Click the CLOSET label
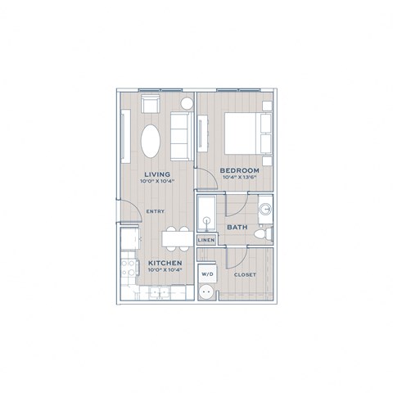point(246,275)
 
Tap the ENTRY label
point(156,211)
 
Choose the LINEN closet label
point(206,241)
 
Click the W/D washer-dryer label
point(207,274)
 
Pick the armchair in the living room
point(151,103)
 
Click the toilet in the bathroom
point(263,235)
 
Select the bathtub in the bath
point(206,215)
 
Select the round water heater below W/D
point(207,291)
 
